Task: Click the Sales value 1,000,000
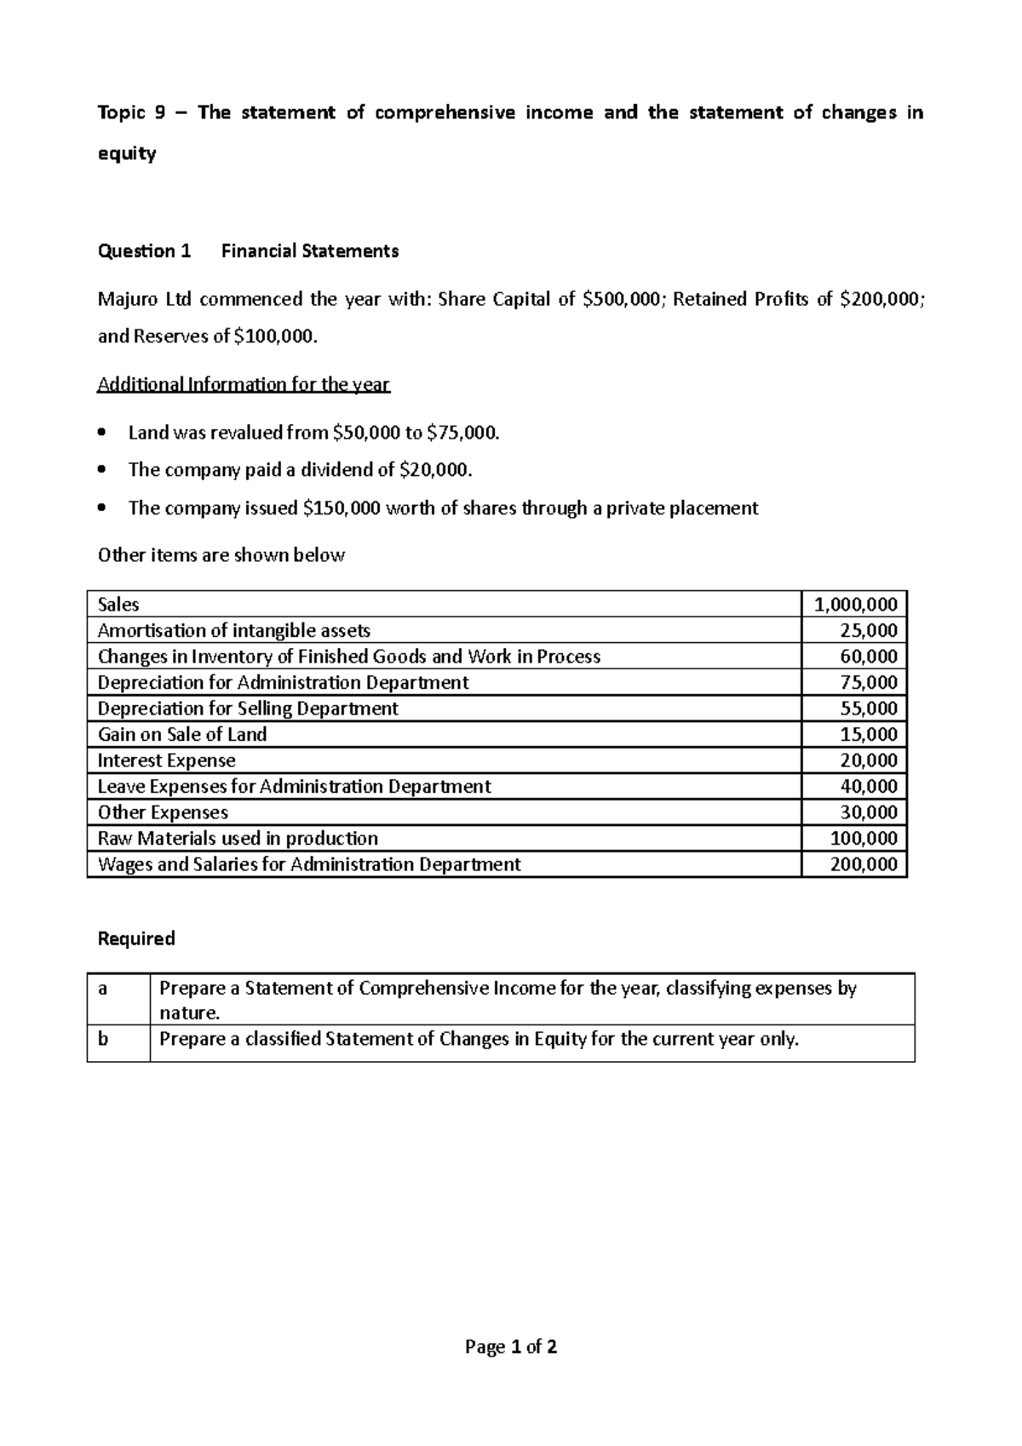click(x=855, y=605)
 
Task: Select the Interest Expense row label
click(x=166, y=760)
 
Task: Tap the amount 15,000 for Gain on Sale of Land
click(x=869, y=734)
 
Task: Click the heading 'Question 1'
click(x=144, y=251)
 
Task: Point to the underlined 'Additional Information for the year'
click(x=244, y=384)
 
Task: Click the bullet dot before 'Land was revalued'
click(x=103, y=433)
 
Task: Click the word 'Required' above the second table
click(x=136, y=938)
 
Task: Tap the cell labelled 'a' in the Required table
click(x=104, y=989)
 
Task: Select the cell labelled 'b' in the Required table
click(x=104, y=1040)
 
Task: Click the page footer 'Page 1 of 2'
click(x=511, y=1347)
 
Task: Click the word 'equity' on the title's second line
click(x=127, y=154)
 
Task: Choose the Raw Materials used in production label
click(x=238, y=838)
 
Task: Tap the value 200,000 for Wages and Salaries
click(x=864, y=864)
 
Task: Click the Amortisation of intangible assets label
click(x=233, y=631)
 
